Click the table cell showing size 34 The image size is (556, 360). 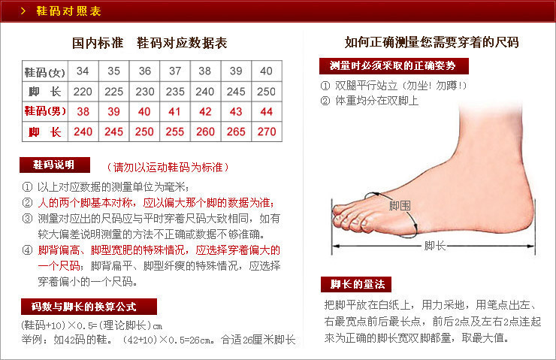pyautogui.click(x=83, y=71)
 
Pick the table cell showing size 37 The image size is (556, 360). pyautogui.click(x=174, y=71)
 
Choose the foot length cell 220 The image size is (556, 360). pyautogui.click(x=83, y=92)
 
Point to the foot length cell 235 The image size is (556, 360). pyautogui.click(x=174, y=92)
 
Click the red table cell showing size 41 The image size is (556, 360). pyautogui.click(x=174, y=112)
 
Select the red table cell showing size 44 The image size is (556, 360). pyautogui.click(x=266, y=112)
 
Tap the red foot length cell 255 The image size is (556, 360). pyautogui.click(x=174, y=132)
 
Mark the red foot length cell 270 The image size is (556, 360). pyautogui.click(x=266, y=132)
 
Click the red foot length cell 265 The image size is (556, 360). pyautogui.click(x=235, y=132)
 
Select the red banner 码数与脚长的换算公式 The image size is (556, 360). pyautogui.click(x=89, y=307)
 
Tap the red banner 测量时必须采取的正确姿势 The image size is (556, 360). pyautogui.click(x=393, y=65)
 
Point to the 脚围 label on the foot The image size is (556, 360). pyautogui.click(x=399, y=205)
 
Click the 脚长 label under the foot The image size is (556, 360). pyautogui.click(x=435, y=246)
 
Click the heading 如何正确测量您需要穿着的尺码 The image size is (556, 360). pyautogui.click(x=431, y=42)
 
